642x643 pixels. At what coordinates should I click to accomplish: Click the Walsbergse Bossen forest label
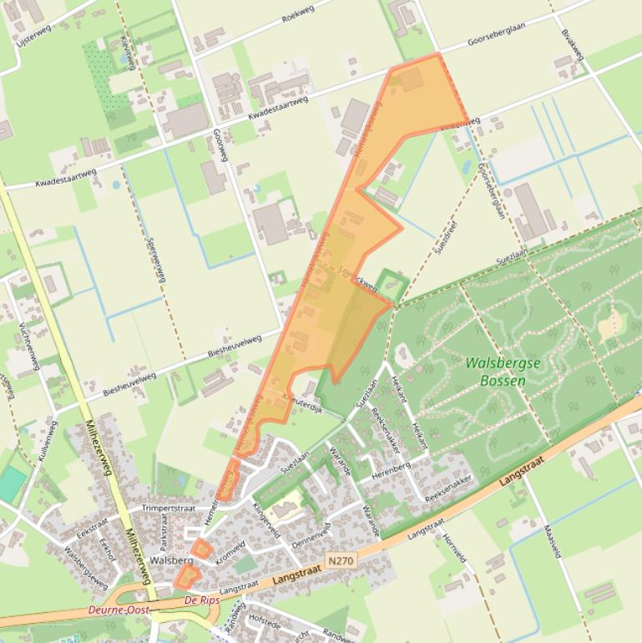(503, 372)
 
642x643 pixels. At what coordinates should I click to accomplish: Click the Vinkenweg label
(460, 124)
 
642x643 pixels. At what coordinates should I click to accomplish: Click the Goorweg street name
(220, 145)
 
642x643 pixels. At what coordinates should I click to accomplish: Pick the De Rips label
(202, 600)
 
